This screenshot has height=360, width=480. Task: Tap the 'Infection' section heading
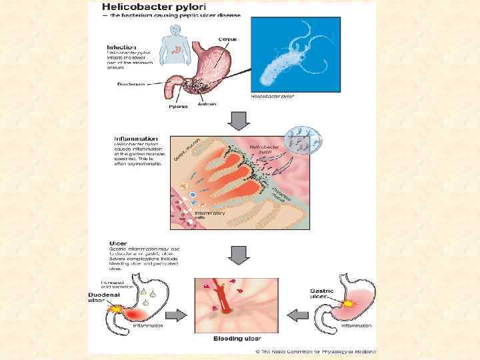tap(122, 47)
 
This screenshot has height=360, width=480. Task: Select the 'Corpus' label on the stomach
tap(227, 39)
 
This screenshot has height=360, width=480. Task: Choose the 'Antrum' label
tap(207, 105)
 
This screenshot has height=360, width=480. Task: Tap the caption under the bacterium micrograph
tap(272, 97)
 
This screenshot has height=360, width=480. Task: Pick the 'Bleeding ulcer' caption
tap(233, 339)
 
